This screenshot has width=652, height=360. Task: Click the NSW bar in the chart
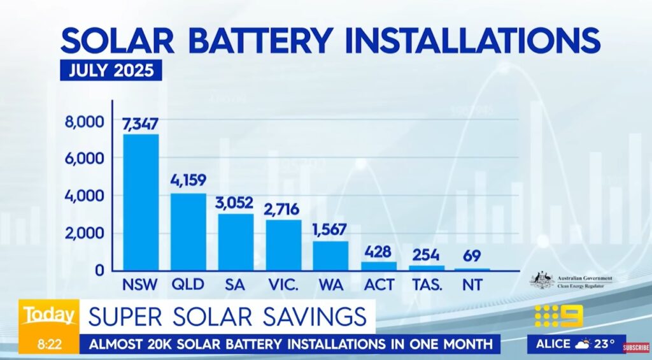click(x=141, y=202)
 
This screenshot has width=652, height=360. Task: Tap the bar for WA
click(x=330, y=256)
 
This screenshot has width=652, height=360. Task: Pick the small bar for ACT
click(x=378, y=266)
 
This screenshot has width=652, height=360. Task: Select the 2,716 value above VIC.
click(x=283, y=209)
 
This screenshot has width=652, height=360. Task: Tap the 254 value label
click(x=426, y=254)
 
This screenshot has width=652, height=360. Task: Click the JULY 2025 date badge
click(x=111, y=69)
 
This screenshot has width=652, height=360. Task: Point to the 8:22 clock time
click(x=48, y=344)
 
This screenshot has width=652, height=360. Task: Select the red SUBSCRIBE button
click(x=636, y=348)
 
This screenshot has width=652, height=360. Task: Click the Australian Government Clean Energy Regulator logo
click(x=571, y=281)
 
